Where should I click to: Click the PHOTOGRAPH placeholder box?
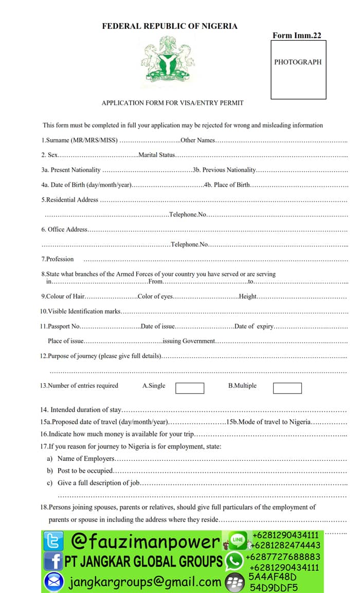pos(298,69)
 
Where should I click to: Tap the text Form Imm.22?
pos(297,35)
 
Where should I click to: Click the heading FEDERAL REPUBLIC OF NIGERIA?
pos(170,26)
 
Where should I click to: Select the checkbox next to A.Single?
pos(189,388)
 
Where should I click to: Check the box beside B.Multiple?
pos(287,388)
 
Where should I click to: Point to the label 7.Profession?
pos(58,259)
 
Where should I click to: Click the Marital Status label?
pos(157,155)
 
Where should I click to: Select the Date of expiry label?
pos(254,326)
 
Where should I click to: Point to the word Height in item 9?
pos(248,296)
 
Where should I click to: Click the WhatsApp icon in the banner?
pos(235,560)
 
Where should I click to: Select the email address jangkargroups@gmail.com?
pos(145,582)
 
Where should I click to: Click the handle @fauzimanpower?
pos(146,541)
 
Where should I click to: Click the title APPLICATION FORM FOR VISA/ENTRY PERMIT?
pos(172,103)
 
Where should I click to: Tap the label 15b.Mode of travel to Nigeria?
pos(268,422)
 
